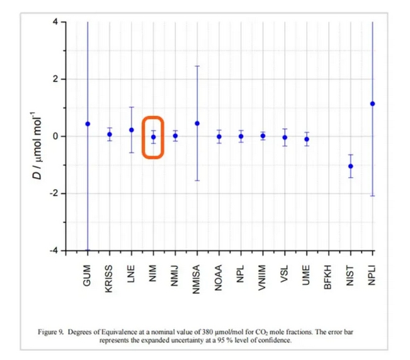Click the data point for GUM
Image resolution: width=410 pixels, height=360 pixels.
click(88, 124)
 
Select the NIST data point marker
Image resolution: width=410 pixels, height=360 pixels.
click(350, 166)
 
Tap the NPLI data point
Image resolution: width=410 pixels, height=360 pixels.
click(372, 103)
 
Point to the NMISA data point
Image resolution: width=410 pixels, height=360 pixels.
click(197, 123)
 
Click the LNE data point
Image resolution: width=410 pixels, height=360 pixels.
click(132, 130)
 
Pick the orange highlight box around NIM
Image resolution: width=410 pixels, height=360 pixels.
click(153, 137)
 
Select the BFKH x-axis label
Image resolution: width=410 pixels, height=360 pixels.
click(329, 274)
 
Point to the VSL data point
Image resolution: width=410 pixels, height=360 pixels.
click(285, 137)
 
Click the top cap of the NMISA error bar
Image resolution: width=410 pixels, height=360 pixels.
click(197, 66)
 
